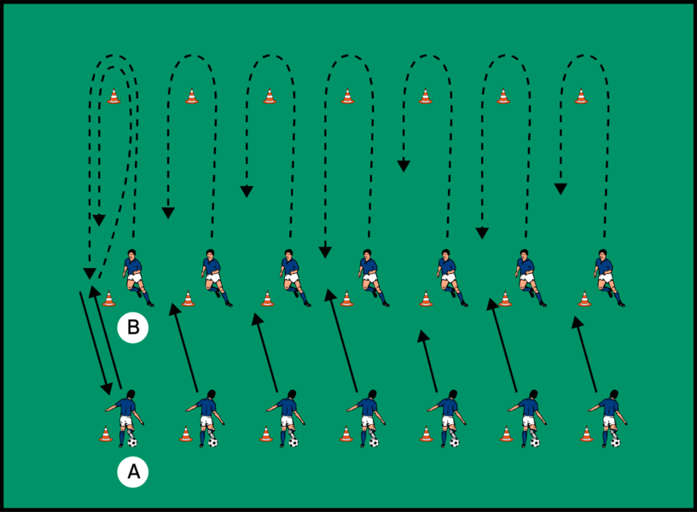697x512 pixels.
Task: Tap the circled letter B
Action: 132,327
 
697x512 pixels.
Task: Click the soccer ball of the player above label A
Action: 132,443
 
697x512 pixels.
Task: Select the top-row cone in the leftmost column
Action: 114,96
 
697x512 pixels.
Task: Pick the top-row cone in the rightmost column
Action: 581,96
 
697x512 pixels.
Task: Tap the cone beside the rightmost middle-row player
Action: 584,299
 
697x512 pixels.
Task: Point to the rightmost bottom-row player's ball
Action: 615,442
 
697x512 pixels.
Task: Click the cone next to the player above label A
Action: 106,434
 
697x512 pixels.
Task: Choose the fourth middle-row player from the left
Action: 369,275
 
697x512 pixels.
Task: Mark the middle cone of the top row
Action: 347,96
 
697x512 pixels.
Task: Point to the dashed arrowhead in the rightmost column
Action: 561,187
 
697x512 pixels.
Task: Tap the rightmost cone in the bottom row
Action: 587,434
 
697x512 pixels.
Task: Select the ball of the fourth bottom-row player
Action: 374,442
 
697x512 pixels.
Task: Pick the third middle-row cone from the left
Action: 267,299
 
